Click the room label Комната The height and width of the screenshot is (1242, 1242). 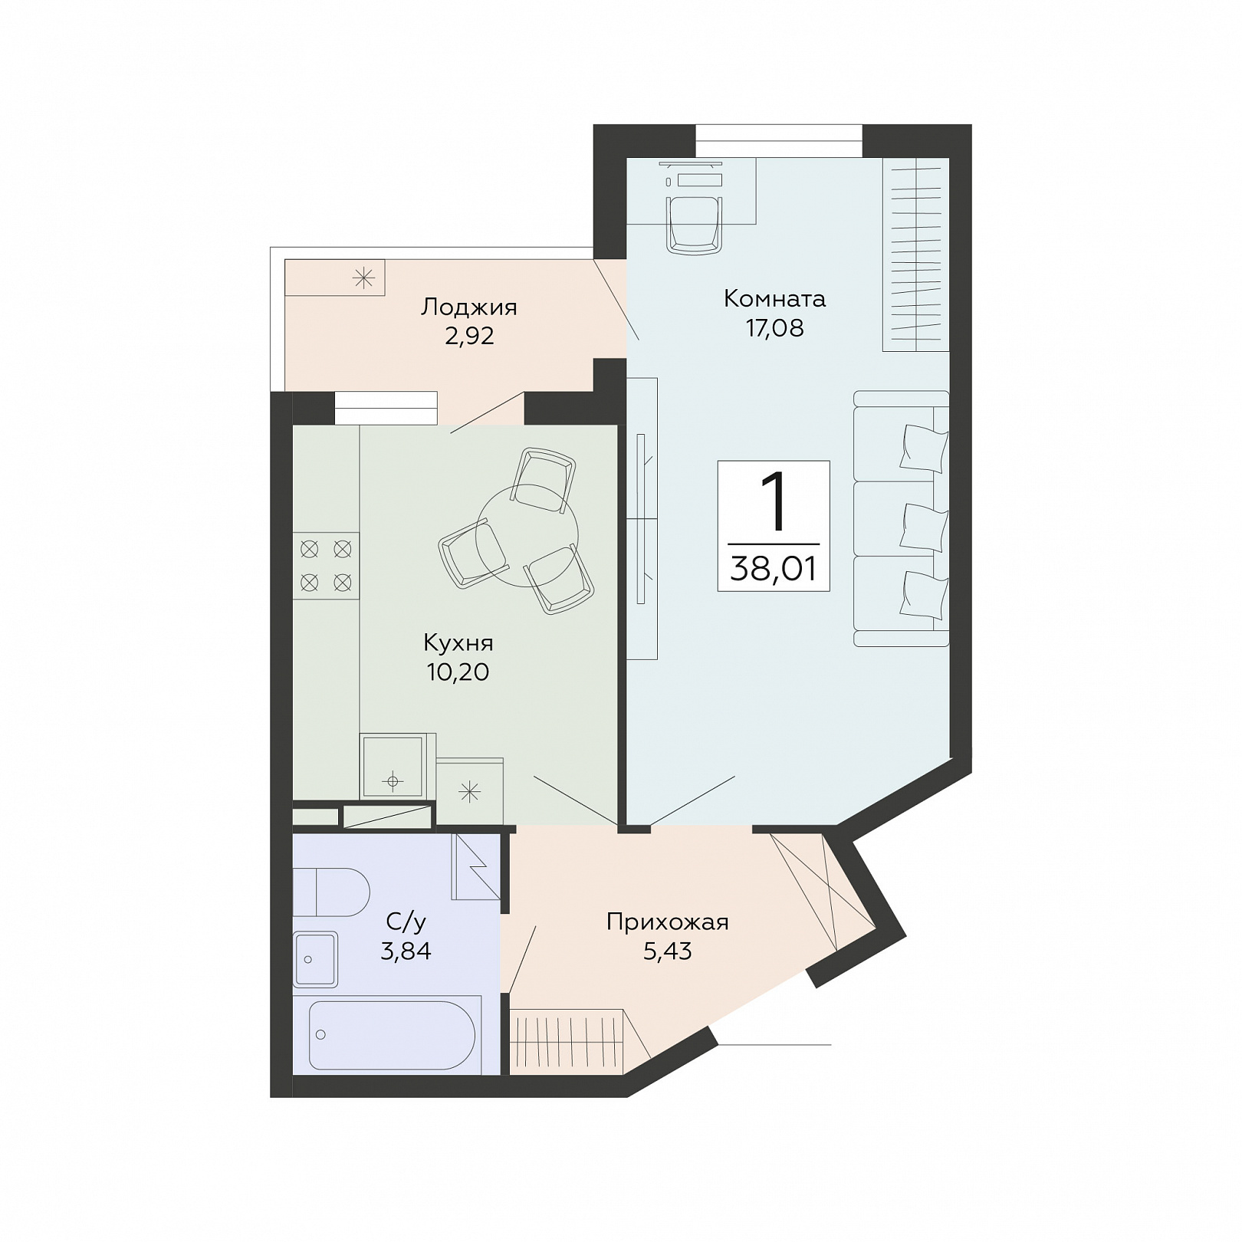pos(774,298)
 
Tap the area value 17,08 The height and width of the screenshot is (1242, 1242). pos(774,328)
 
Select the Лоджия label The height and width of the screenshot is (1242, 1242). pos(469,307)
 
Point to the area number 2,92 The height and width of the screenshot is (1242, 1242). pos(469,336)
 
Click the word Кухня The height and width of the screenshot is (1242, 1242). pos(458,642)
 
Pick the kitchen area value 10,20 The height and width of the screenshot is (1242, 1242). pos(458,672)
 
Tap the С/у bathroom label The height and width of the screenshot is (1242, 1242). pos(406,922)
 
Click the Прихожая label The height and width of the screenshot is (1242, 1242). pos(667,922)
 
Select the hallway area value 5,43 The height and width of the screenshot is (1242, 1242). pos(667,951)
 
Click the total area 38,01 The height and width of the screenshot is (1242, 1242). pos(774,569)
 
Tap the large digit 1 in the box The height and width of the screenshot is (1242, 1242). pos(774,501)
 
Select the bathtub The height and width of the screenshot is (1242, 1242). pos(392,1035)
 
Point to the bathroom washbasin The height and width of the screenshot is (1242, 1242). pos(315,959)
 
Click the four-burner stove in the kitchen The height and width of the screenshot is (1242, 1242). pos(326,566)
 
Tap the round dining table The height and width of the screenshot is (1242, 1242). pos(527,535)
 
